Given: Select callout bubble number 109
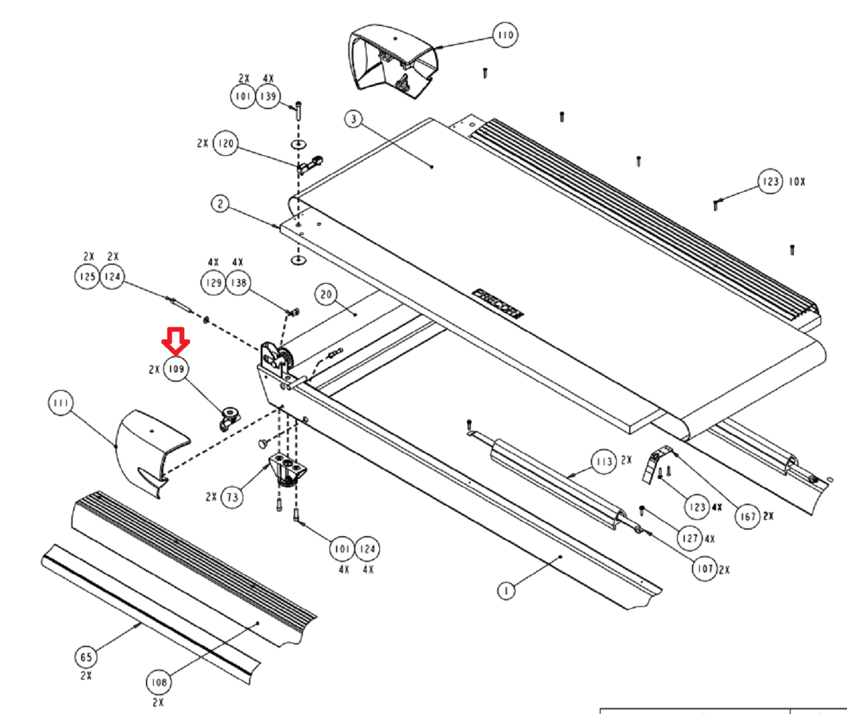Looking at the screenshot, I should pyautogui.click(x=176, y=369).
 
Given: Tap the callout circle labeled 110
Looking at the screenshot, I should pyautogui.click(x=505, y=34).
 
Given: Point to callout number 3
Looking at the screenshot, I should pyautogui.click(x=353, y=119).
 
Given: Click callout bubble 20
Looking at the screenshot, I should pyautogui.click(x=326, y=295).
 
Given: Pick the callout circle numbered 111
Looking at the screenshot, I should pyautogui.click(x=61, y=404).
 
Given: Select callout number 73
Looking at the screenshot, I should pyautogui.click(x=232, y=498).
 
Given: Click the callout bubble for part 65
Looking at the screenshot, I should pyautogui.click(x=86, y=657).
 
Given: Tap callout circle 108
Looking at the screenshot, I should pyautogui.click(x=158, y=682).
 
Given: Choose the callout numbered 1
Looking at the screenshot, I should pyautogui.click(x=506, y=591).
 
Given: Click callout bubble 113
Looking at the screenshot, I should pyautogui.click(x=604, y=462).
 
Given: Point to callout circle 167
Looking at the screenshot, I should pyautogui.click(x=748, y=517).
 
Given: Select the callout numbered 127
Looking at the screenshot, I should pyautogui.click(x=690, y=538).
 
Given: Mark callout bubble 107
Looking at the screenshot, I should pyautogui.click(x=705, y=569).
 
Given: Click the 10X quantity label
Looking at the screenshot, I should pyautogui.click(x=797, y=182).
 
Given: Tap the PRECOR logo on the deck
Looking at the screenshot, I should pyautogui.click(x=497, y=303).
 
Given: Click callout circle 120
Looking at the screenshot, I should pyautogui.click(x=225, y=143).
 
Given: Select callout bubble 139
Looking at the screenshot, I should pyautogui.click(x=268, y=97).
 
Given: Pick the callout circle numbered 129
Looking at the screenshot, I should pyautogui.click(x=213, y=283).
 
